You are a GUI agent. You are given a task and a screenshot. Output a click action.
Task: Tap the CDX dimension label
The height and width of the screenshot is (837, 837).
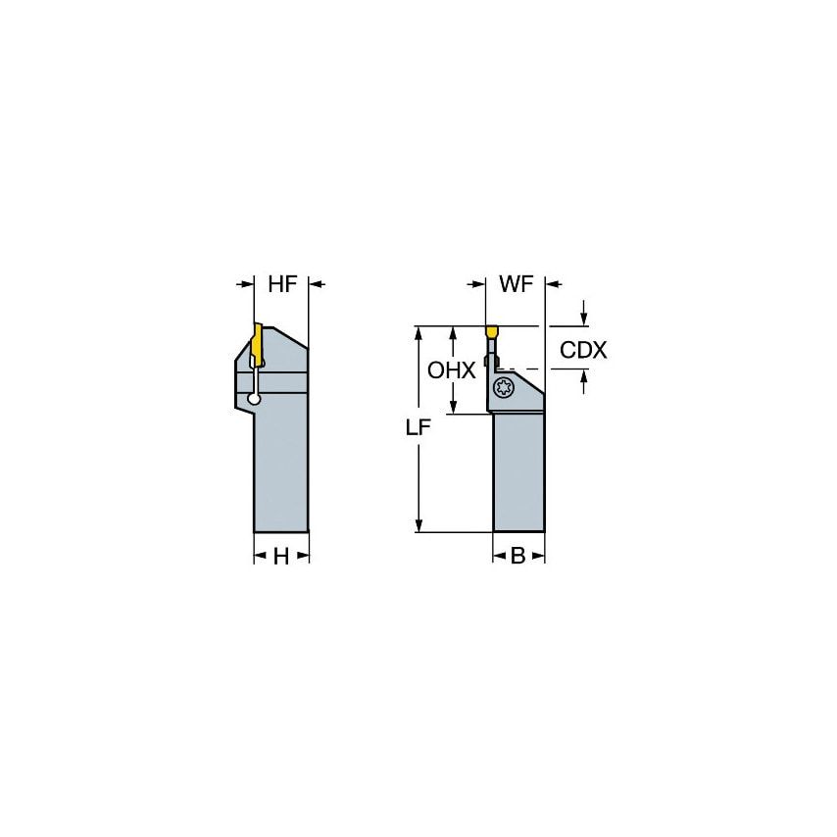tap(583, 349)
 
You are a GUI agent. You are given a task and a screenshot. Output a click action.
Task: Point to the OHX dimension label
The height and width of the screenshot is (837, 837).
tap(452, 370)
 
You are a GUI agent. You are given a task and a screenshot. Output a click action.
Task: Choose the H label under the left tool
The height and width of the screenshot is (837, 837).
tap(280, 556)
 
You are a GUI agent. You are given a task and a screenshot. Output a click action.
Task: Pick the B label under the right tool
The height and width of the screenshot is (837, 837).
tap(517, 556)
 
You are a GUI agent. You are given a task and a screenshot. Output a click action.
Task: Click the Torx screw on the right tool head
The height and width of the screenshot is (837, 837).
tap(504, 388)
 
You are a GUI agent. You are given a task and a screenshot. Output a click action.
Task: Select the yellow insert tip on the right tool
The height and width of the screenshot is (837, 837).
tap(491, 330)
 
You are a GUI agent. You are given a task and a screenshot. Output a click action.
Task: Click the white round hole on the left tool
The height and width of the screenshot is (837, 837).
tap(255, 398)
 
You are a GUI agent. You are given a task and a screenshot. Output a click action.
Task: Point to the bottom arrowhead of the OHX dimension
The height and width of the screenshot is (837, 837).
tap(453, 407)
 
